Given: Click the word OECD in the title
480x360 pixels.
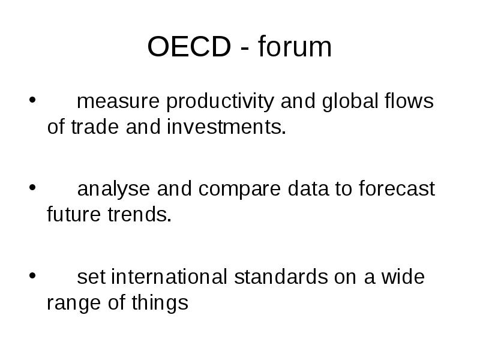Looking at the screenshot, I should click(189, 47).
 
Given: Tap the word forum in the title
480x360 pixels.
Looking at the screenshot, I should click(295, 47).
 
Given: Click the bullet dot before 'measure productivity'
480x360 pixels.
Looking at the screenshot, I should click(31, 100).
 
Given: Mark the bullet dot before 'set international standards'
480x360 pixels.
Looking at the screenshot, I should click(31, 275).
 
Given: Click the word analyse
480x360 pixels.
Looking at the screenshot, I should click(115, 190).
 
